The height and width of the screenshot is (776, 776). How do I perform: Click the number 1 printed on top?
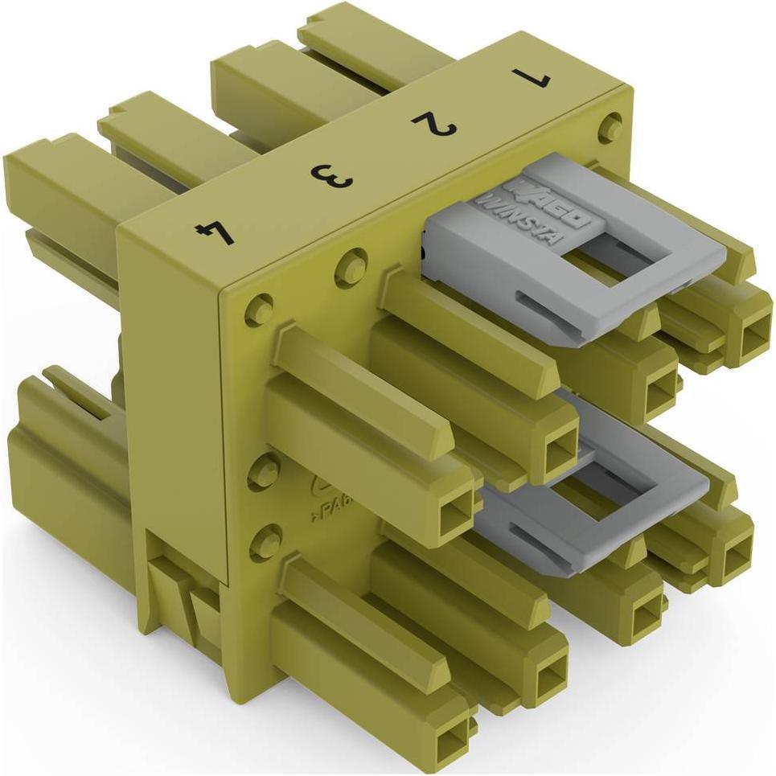pos(534,78)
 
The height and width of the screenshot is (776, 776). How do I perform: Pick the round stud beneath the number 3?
pos(351,264)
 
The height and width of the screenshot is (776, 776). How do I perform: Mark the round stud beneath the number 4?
pos(259,310)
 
